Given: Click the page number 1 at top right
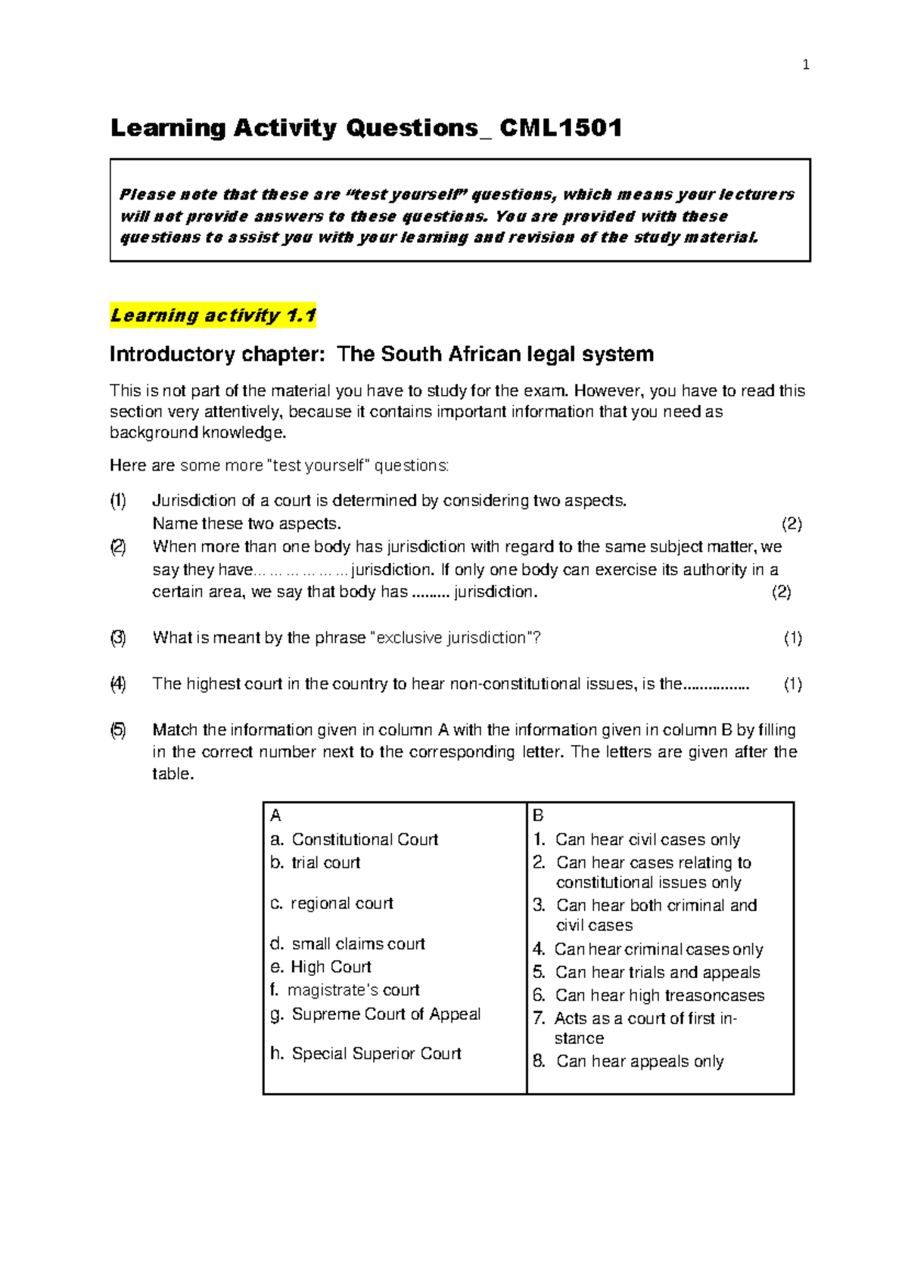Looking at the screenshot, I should [x=806, y=65].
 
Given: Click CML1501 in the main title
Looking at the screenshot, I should [x=561, y=128].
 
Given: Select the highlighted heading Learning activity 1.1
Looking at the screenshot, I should [x=213, y=315].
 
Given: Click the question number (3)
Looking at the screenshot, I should [x=118, y=638].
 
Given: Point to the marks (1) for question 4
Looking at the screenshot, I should [x=792, y=685].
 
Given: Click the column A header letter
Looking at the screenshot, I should [x=275, y=815].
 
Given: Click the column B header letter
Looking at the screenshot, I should [x=538, y=815].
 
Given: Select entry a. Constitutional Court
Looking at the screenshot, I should [x=354, y=840].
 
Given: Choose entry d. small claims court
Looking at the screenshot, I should [x=347, y=944].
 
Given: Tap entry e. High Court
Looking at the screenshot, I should [x=321, y=967].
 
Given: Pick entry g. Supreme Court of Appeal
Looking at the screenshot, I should [x=375, y=1014].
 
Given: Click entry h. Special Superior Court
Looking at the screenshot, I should [x=365, y=1054].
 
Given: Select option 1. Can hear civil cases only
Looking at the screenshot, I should [x=636, y=840].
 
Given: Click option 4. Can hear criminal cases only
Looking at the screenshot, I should [x=648, y=949].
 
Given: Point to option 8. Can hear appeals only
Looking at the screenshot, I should [x=628, y=1061].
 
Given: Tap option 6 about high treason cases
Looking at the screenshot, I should [x=648, y=996].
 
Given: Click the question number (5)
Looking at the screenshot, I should [x=118, y=730].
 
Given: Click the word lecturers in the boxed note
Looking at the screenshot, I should [x=756, y=194].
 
